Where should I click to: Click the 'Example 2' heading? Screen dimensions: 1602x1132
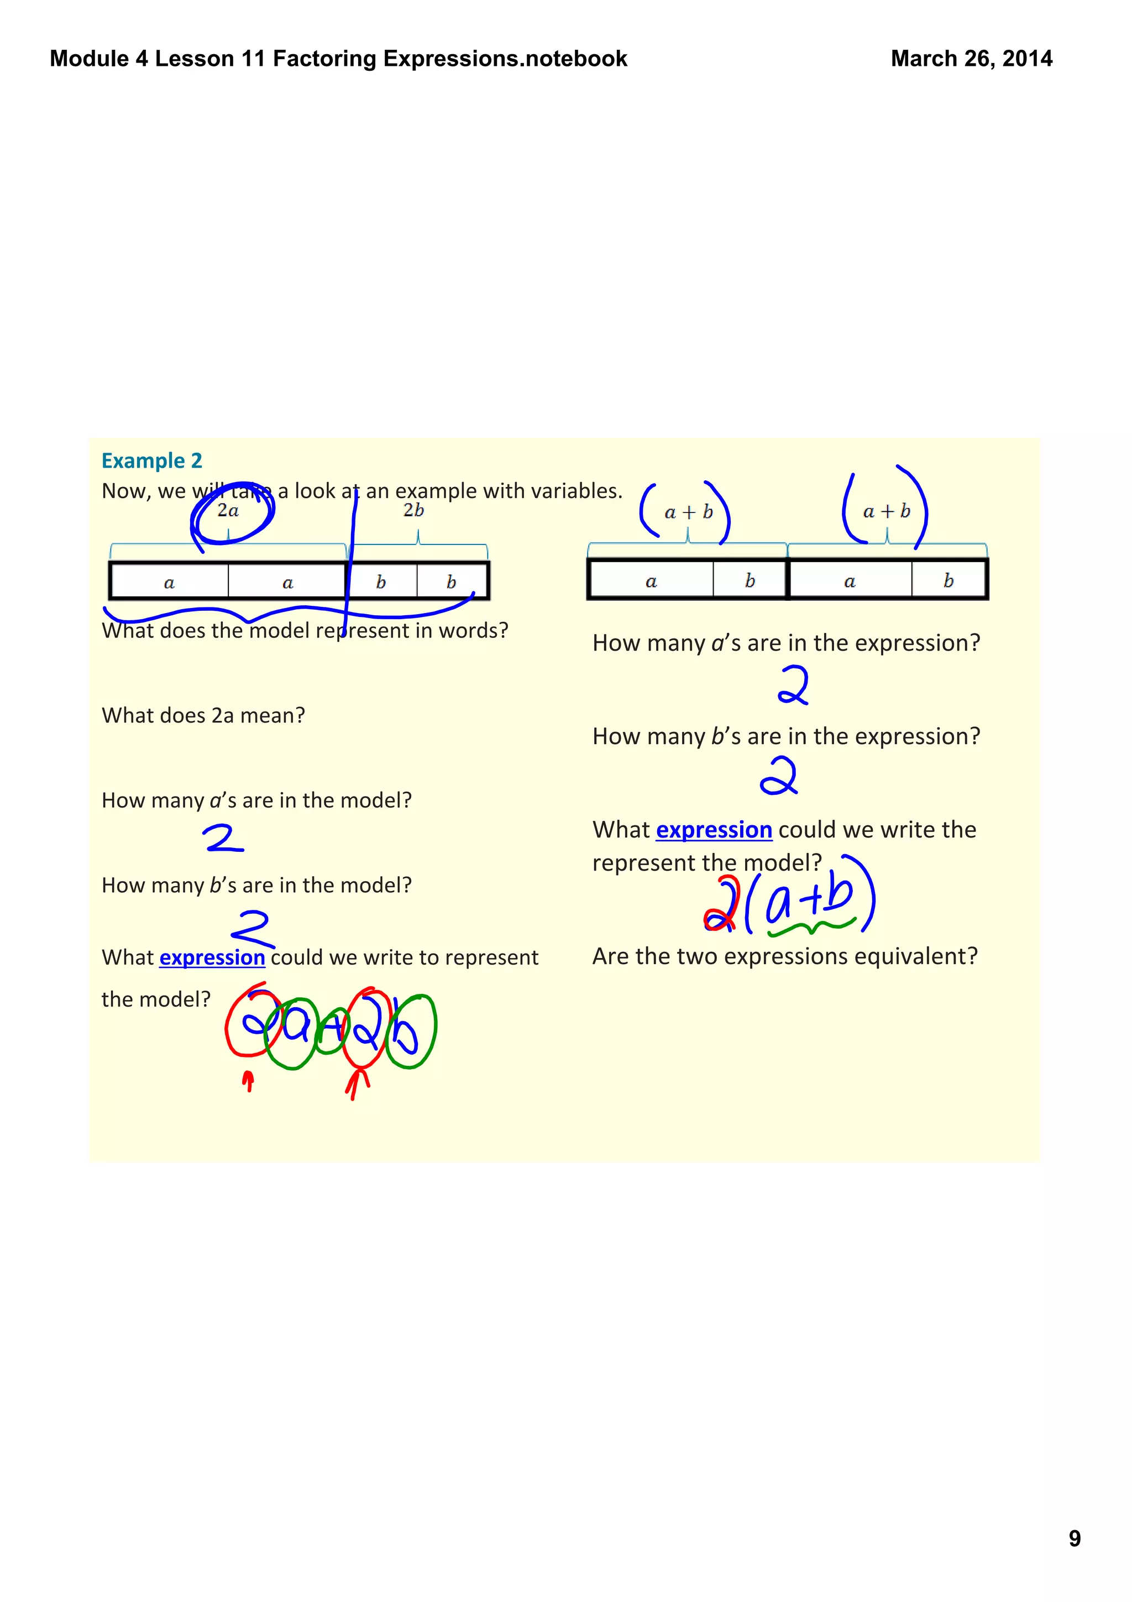pyautogui.click(x=151, y=460)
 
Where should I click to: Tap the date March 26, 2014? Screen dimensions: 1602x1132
pyautogui.click(x=971, y=59)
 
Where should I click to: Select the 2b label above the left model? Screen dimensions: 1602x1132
pyautogui.click(x=413, y=510)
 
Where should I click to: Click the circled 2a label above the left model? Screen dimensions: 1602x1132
pyautogui.click(x=228, y=511)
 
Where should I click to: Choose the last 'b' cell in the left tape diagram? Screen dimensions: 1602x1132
pyautogui.click(x=451, y=582)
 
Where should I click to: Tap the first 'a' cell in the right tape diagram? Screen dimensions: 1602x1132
pyautogui.click(x=651, y=580)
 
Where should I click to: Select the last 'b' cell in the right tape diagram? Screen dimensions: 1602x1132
pyautogui.click(x=948, y=580)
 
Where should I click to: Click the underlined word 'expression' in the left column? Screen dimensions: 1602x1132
pyautogui.click(x=212, y=957)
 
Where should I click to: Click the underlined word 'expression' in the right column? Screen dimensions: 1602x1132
pyautogui.click(x=714, y=830)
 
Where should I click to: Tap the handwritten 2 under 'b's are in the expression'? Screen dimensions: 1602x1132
pyautogui.click(x=778, y=777)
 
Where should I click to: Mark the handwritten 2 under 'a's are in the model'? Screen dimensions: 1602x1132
pyautogui.click(x=223, y=839)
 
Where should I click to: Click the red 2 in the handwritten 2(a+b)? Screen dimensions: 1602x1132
pyautogui.click(x=721, y=905)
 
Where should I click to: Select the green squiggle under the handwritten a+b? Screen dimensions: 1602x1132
pyautogui.click(x=810, y=927)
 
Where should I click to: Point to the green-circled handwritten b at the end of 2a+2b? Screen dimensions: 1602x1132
pyautogui.click(x=410, y=1032)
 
